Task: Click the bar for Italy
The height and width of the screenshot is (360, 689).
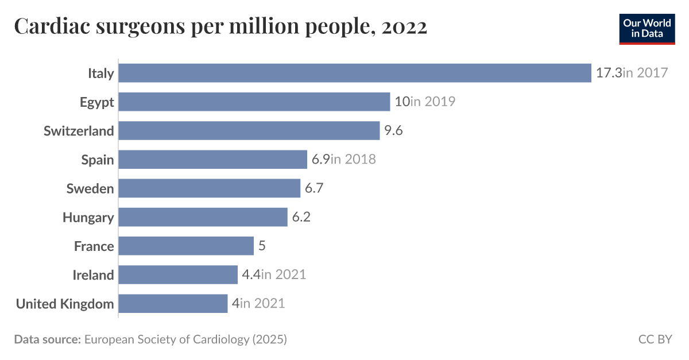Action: (x=354, y=73)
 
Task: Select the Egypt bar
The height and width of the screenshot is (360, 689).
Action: (x=254, y=102)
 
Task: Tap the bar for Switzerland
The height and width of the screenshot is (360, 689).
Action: (x=249, y=130)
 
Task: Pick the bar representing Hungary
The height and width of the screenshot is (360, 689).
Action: (x=203, y=217)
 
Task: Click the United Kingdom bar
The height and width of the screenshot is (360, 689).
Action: (x=173, y=303)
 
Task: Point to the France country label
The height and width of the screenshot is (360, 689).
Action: (x=94, y=246)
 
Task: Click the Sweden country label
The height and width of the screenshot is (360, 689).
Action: (x=90, y=188)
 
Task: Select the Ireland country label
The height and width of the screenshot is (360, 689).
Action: (x=93, y=275)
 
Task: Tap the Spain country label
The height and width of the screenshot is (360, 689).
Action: (x=97, y=160)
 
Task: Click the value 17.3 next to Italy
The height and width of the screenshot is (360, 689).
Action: (x=609, y=73)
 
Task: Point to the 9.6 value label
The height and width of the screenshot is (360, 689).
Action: (x=393, y=130)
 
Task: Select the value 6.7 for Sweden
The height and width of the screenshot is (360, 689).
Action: (x=314, y=188)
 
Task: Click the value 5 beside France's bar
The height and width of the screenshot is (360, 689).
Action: (x=262, y=246)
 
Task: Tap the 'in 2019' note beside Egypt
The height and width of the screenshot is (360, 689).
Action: (x=433, y=102)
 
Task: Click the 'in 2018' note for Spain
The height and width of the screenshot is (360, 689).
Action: (x=354, y=160)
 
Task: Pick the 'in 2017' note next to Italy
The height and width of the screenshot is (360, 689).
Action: (x=645, y=73)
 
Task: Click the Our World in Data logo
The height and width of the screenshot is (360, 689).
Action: (x=647, y=28)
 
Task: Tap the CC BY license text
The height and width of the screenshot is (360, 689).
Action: (x=655, y=339)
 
